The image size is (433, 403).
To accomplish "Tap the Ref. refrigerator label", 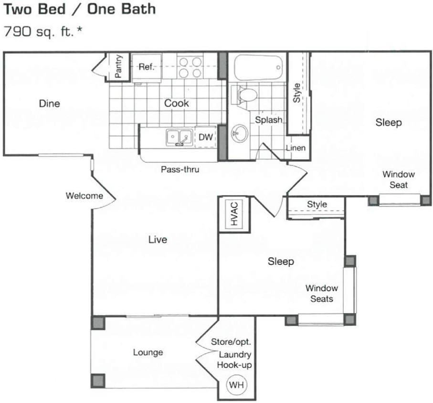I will [x=147, y=67].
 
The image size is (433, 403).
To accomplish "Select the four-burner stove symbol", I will [x=190, y=67].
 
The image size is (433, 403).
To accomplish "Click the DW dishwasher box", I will [x=205, y=138].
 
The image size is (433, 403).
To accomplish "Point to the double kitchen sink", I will [x=179, y=137].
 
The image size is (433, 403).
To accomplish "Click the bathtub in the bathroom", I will [x=258, y=67].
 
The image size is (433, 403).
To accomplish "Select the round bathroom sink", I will [x=240, y=132].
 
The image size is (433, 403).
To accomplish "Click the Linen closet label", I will [x=296, y=148].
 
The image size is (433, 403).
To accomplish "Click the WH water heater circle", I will [x=235, y=384].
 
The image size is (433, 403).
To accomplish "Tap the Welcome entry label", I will [x=84, y=196].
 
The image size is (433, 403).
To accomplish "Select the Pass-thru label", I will [x=180, y=170].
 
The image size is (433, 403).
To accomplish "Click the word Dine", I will [x=50, y=104].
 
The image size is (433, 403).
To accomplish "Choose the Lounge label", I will [x=148, y=352].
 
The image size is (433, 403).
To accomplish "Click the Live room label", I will [x=158, y=240].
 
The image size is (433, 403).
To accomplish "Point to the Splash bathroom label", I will [x=268, y=120].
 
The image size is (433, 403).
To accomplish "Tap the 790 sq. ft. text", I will [x=40, y=32].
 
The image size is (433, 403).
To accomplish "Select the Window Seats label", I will [x=321, y=293].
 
